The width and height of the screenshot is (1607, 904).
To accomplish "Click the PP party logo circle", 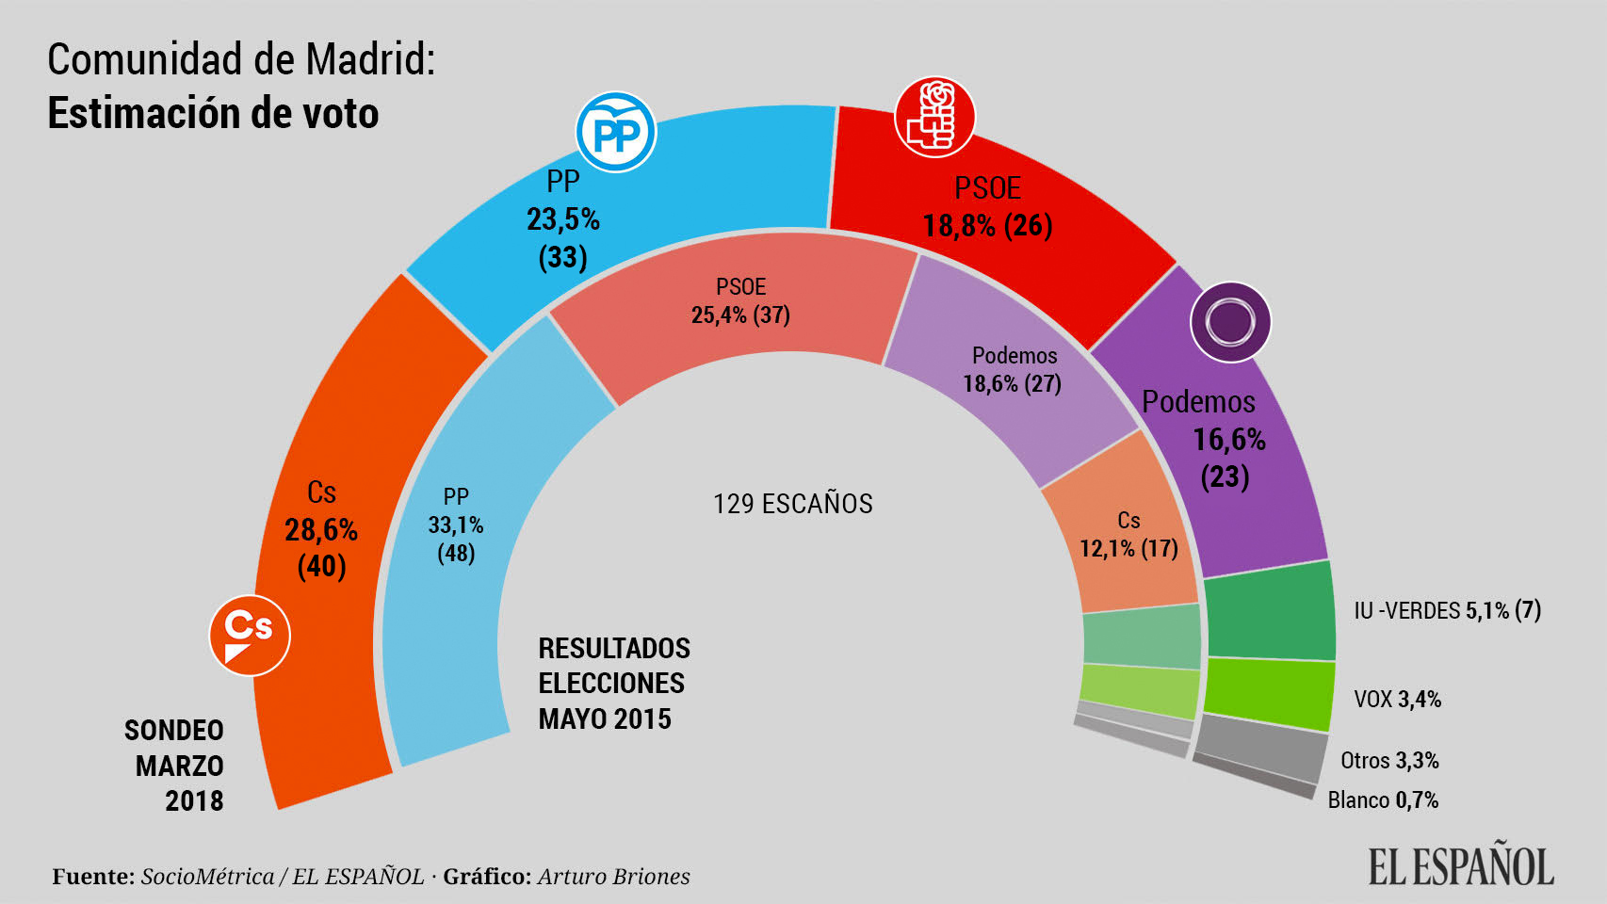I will tap(616, 133).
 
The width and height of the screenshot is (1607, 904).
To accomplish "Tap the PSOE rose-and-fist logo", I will tap(933, 118).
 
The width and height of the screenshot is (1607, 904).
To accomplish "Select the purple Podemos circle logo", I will tap(1230, 322).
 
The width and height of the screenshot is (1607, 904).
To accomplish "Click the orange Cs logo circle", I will tap(250, 636).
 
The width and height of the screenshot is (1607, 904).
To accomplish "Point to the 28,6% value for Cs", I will tap(321, 530).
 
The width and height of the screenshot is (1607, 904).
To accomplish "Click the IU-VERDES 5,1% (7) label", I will tap(1447, 611).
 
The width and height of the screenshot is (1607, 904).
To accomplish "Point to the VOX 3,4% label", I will tap(1397, 699).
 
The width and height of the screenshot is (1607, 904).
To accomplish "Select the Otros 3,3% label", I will tap(1389, 760).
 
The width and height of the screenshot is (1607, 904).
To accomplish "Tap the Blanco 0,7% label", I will tap(1383, 799).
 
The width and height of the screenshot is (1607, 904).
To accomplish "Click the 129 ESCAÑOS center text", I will tap(792, 504).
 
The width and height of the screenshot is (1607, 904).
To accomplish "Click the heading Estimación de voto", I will tap(213, 113).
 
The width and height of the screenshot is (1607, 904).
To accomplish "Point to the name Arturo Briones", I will tap(613, 877).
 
